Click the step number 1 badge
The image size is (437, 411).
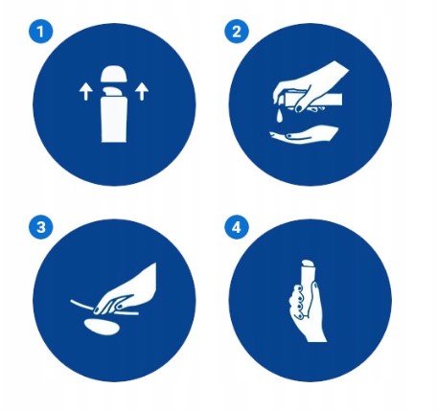click(40, 32)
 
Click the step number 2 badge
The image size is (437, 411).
click(237, 32)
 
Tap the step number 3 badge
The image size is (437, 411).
click(40, 228)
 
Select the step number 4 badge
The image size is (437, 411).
click(237, 228)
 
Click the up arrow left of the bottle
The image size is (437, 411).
click(86, 92)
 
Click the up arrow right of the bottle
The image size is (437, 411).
click(142, 92)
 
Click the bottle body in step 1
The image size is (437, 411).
click(114, 119)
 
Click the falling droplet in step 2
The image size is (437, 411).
click(279, 116)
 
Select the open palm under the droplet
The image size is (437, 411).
click(304, 135)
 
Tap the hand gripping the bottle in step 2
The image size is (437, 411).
click(307, 86)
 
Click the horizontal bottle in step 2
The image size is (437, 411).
click(313, 99)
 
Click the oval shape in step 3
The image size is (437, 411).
click(102, 327)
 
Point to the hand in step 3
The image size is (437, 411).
click(127, 290)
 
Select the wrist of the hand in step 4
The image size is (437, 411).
click(315, 335)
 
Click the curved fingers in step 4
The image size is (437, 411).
click(296, 302)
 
